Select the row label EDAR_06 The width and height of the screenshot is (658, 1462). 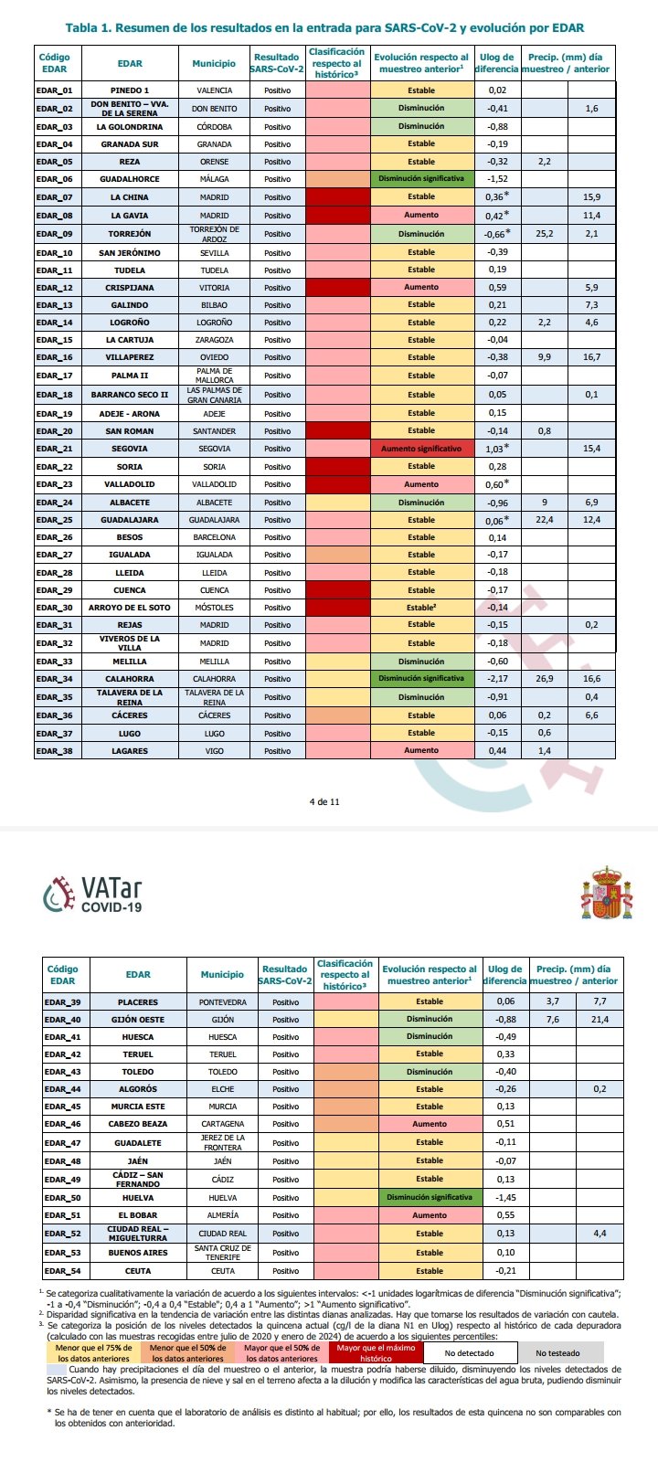[55, 179]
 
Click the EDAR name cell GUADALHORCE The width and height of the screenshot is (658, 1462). [129, 179]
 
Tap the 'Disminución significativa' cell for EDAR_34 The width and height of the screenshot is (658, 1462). [421, 678]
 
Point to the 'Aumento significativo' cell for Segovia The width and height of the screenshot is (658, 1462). [421, 449]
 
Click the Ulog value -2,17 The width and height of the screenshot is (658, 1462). [497, 679]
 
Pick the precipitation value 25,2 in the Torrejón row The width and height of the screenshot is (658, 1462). [544, 234]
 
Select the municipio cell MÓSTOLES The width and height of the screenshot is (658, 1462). [214, 608]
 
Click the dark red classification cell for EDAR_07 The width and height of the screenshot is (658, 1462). [336, 197]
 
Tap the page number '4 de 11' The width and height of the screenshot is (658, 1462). [324, 801]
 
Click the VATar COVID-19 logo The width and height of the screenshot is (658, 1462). [93, 895]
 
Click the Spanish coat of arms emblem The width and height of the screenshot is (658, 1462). [606, 893]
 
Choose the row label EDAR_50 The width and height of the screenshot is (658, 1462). [63, 1197]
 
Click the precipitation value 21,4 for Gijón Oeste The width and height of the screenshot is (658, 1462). [600, 1019]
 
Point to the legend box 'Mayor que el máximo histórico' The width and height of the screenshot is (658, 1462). [375, 1352]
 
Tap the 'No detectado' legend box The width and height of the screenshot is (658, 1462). [470, 1352]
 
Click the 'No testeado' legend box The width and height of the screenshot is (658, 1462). [558, 1352]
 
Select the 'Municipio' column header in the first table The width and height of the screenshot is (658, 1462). [214, 63]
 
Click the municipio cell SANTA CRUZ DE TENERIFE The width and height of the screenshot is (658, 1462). [222, 1253]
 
